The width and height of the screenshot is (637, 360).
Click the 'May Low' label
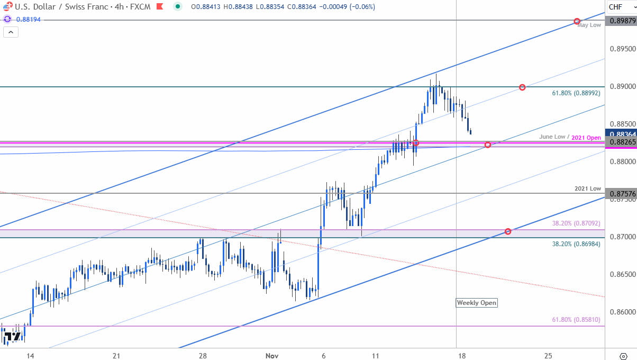[589, 25]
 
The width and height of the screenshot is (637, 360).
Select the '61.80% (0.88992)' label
[576, 92]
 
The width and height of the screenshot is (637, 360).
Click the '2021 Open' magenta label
[587, 137]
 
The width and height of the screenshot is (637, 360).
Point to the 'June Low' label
[552, 137]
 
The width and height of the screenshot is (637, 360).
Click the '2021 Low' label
[588, 188]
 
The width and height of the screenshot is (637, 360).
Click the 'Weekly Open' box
[477, 303]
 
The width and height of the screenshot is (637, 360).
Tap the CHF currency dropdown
[619, 7]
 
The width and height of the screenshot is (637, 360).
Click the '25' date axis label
[548, 355]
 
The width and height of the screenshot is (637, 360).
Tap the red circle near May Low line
[577, 21]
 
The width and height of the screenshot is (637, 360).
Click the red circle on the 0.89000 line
[522, 87]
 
